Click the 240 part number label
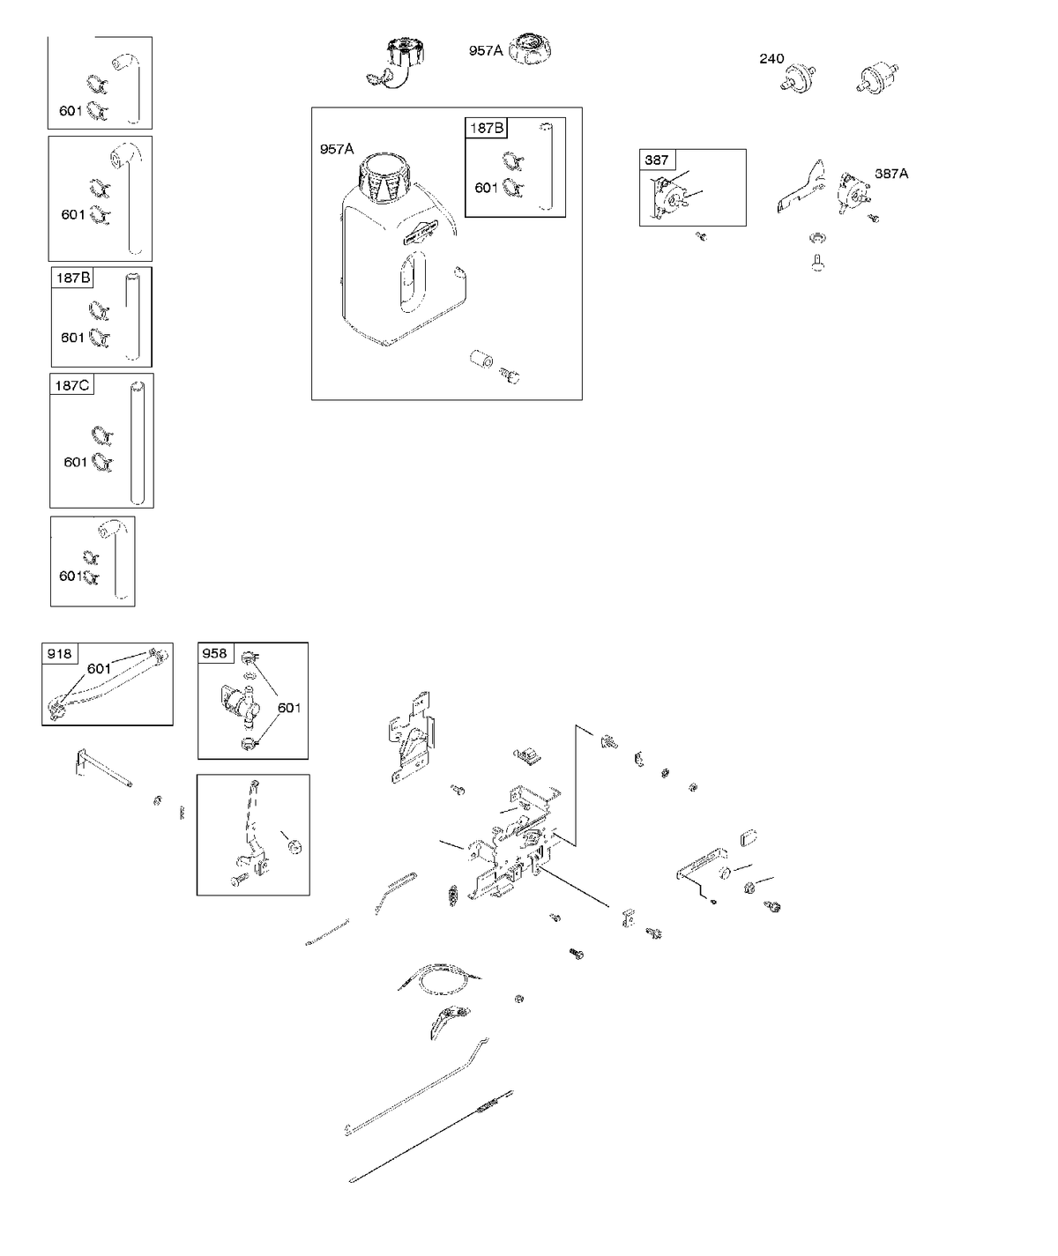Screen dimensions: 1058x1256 pyautogui.click(x=771, y=58)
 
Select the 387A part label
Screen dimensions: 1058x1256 pyautogui.click(x=891, y=174)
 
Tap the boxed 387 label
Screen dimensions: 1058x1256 pyautogui.click(x=656, y=160)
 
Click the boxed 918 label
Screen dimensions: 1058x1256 pyautogui.click(x=59, y=653)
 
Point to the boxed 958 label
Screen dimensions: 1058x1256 pyautogui.click(x=215, y=653)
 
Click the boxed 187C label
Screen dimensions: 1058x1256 pyautogui.click(x=71, y=385)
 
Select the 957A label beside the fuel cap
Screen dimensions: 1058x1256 pyautogui.click(x=486, y=50)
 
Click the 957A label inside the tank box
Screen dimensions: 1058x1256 pyautogui.click(x=337, y=149)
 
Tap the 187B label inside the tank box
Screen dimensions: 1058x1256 pyautogui.click(x=487, y=128)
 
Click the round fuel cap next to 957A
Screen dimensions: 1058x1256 pyautogui.click(x=530, y=48)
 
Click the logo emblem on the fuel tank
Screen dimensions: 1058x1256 pyautogui.click(x=420, y=231)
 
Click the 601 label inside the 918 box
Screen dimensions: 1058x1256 pyautogui.click(x=99, y=668)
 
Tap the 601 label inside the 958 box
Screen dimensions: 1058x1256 pyautogui.click(x=289, y=708)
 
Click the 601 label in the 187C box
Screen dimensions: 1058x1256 pyautogui.click(x=76, y=461)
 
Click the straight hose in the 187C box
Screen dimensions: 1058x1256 pyautogui.click(x=138, y=442)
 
